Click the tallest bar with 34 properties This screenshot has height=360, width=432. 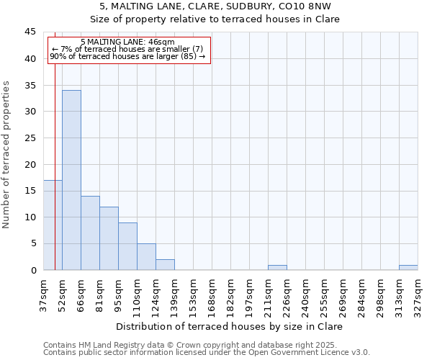click(71, 180)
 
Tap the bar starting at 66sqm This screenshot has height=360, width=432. click(90, 233)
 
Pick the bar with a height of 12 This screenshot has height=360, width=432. click(109, 238)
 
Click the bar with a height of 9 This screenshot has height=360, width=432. click(127, 246)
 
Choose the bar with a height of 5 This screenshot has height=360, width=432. click(146, 257)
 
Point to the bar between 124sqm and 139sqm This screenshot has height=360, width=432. click(165, 265)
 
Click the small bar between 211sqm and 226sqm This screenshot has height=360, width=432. click(277, 268)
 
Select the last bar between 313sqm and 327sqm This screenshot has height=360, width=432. click(408, 268)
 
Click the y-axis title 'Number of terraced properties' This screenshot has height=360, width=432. click(6, 155)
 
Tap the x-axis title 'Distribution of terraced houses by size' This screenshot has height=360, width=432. click(229, 326)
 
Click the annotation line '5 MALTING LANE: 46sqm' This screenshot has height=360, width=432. click(127, 42)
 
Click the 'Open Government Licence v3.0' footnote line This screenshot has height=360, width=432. click(207, 353)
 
